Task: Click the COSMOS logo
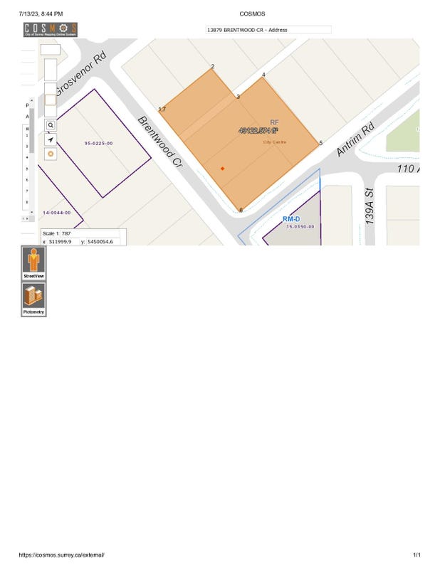(51, 30)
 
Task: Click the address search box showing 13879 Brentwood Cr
(268, 30)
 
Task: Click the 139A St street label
(370, 206)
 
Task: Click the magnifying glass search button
(51, 124)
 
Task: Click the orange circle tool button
(51, 154)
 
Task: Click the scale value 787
(66, 233)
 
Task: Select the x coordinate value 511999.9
(60, 242)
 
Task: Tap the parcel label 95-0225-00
(98, 144)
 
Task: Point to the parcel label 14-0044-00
(56, 213)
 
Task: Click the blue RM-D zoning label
(293, 219)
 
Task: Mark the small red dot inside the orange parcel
(222, 169)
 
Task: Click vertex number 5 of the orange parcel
(320, 143)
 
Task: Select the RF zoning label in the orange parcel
(274, 122)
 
